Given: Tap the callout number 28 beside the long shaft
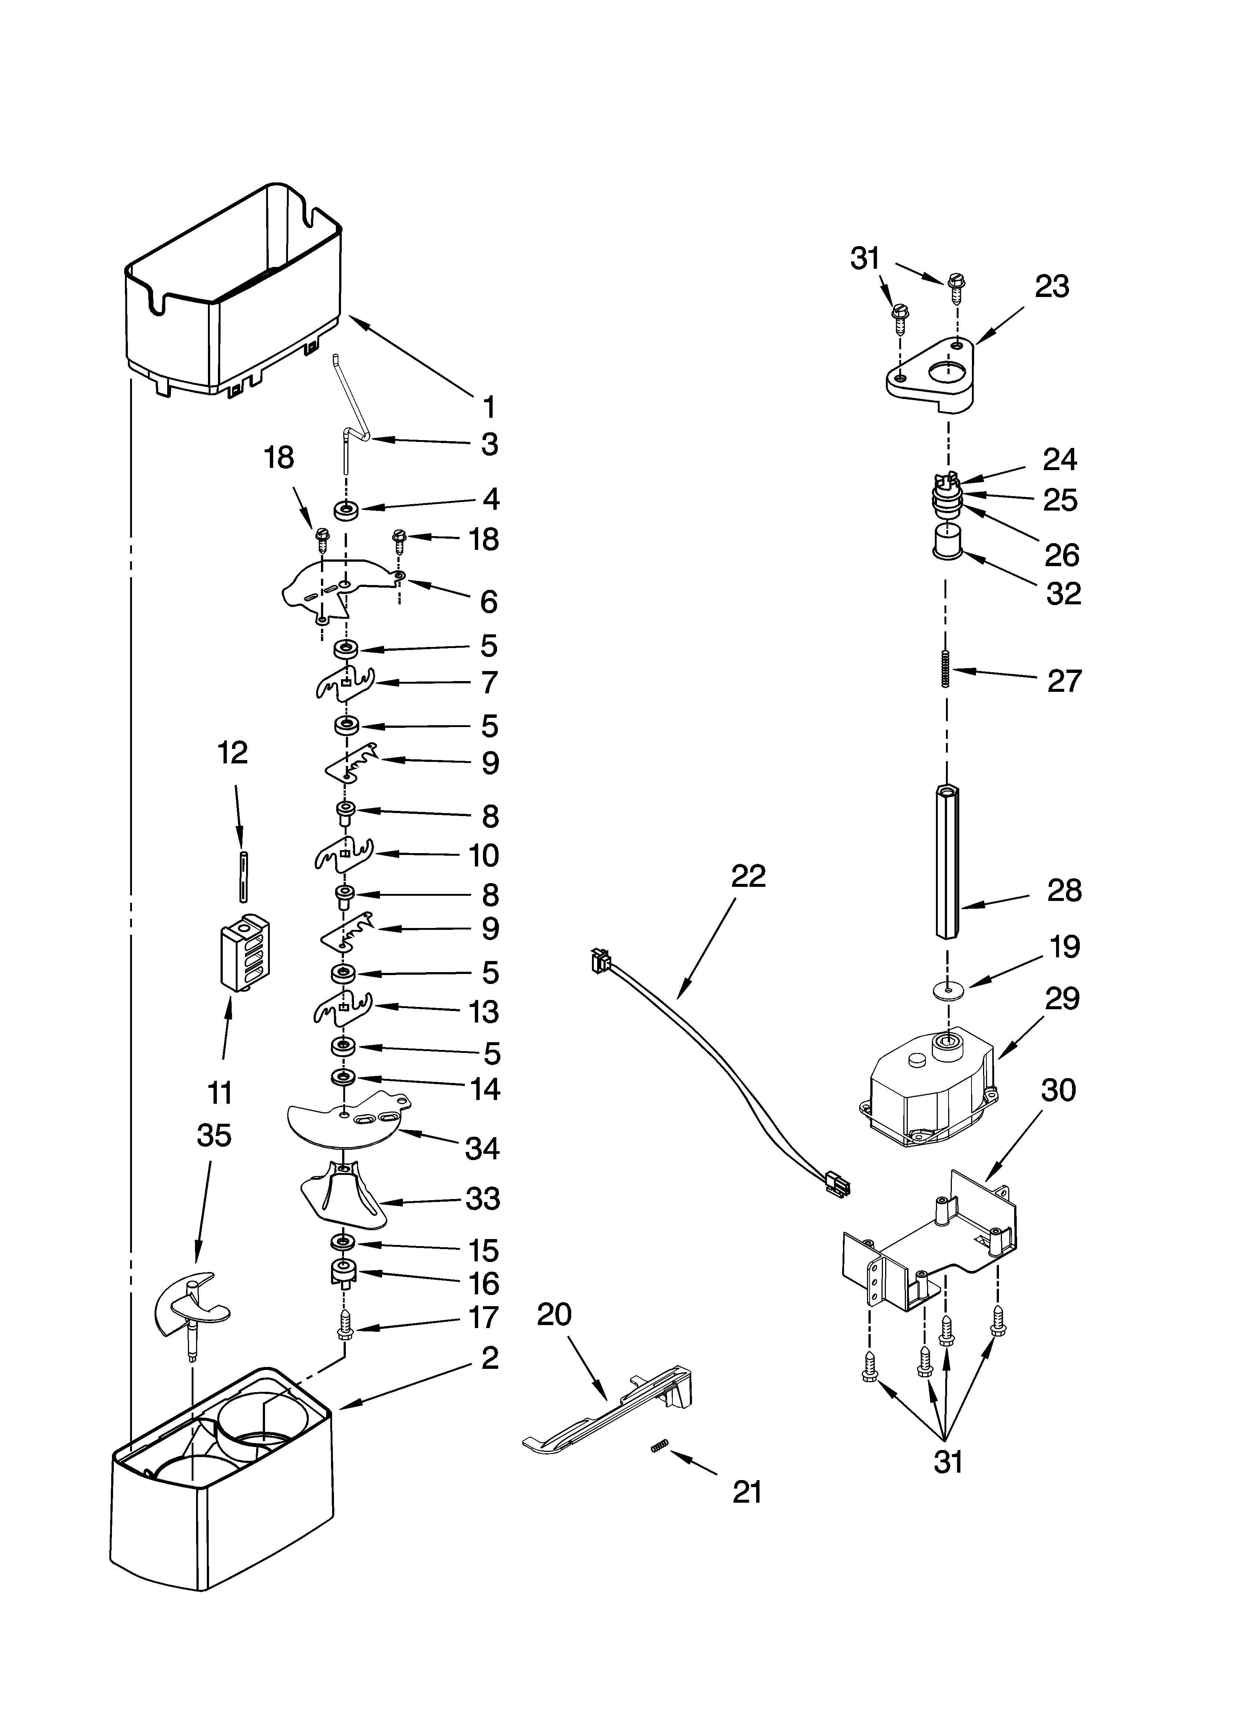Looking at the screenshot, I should click(x=1064, y=890).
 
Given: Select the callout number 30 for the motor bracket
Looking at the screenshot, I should click(x=1058, y=1090).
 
